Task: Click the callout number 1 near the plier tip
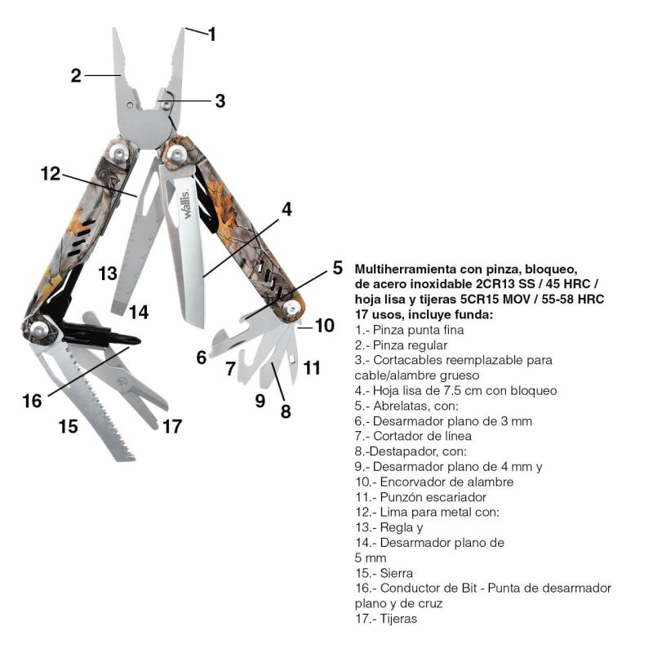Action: click(212, 34)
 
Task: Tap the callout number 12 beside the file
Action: click(50, 173)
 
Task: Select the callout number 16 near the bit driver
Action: click(32, 401)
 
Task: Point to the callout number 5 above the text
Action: click(337, 268)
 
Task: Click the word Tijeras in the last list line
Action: click(398, 619)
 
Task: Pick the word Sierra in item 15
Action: click(395, 573)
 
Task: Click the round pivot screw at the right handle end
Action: click(291, 309)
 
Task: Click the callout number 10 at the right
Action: click(324, 326)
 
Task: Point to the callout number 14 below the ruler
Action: click(138, 312)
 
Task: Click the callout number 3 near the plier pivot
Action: click(220, 101)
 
